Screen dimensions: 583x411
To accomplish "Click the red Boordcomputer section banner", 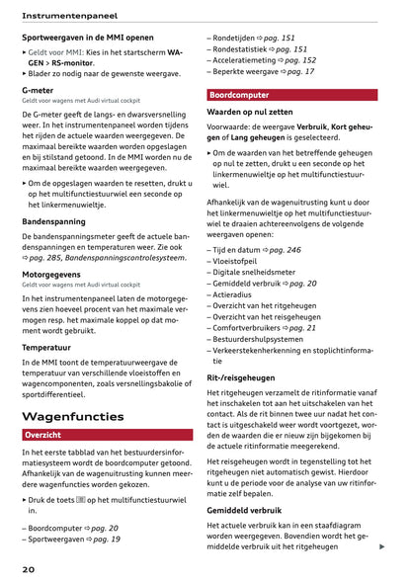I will click(x=291, y=95).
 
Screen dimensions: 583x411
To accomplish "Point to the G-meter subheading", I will click(x=38, y=89).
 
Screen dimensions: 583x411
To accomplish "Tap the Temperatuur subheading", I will click(x=46, y=348).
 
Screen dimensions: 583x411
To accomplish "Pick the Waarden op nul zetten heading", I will click(x=255, y=113).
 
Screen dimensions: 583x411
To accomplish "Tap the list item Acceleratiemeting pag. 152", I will click(x=264, y=60).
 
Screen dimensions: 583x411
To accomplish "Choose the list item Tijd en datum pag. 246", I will click(x=256, y=251).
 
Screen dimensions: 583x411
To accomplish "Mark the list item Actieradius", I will click(x=234, y=294).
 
